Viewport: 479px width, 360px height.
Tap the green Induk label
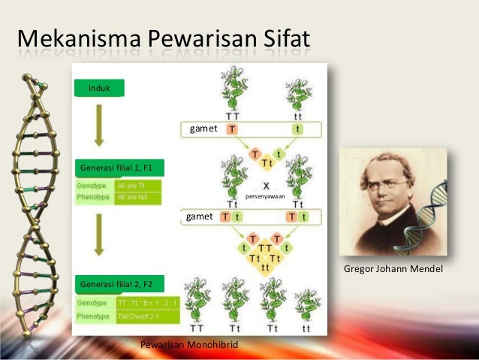[99, 89]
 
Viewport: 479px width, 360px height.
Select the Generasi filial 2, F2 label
[116, 283]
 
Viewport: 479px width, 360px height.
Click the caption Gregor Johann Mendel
[393, 268]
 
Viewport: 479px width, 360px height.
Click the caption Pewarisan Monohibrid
[188, 344]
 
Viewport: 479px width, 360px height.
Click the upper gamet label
[203, 129]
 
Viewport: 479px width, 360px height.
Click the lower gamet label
[199, 216]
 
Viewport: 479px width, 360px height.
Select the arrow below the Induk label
[98, 124]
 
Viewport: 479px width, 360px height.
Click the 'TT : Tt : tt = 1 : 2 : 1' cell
[147, 302]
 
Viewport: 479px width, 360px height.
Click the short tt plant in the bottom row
[305, 304]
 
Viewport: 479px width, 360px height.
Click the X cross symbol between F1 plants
[266, 185]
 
